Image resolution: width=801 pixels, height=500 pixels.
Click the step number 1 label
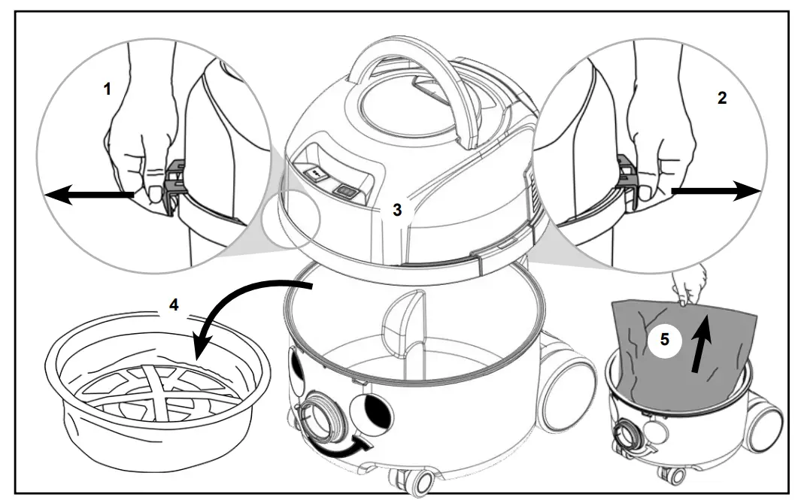[x=107, y=89]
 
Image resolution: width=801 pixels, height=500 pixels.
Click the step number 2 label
[x=722, y=99]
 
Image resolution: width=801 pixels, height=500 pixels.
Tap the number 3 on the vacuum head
[x=396, y=210]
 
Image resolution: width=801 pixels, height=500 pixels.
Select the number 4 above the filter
[x=174, y=306]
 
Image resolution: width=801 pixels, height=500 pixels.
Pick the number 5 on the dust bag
[x=664, y=339]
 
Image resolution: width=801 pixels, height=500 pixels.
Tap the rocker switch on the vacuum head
[x=347, y=192]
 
